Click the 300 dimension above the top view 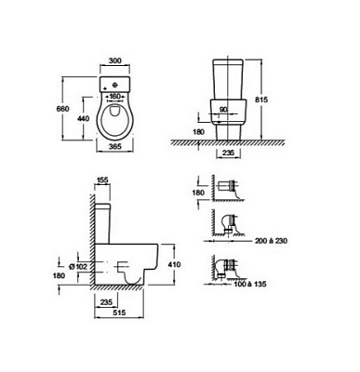coord(115,60)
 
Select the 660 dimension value coord(62,109)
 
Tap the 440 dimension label coord(84,118)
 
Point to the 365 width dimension coord(115,146)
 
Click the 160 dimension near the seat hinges coord(115,97)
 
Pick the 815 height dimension coord(261,100)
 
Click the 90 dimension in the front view coord(222,109)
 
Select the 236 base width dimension coord(228,153)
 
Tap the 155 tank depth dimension coord(102,180)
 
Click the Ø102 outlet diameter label coord(79,266)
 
